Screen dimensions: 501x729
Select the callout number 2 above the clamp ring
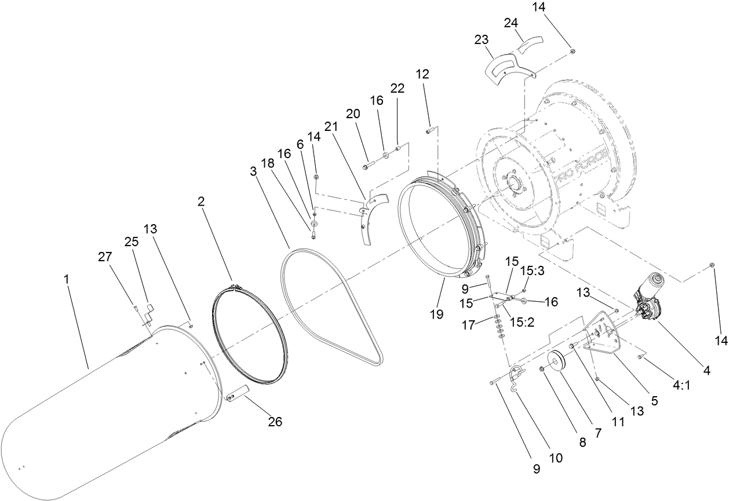tap(201, 201)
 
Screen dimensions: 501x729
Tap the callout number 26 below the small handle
tap(275, 422)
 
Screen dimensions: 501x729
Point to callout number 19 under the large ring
tap(436, 314)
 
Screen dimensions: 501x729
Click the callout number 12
tap(422, 74)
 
